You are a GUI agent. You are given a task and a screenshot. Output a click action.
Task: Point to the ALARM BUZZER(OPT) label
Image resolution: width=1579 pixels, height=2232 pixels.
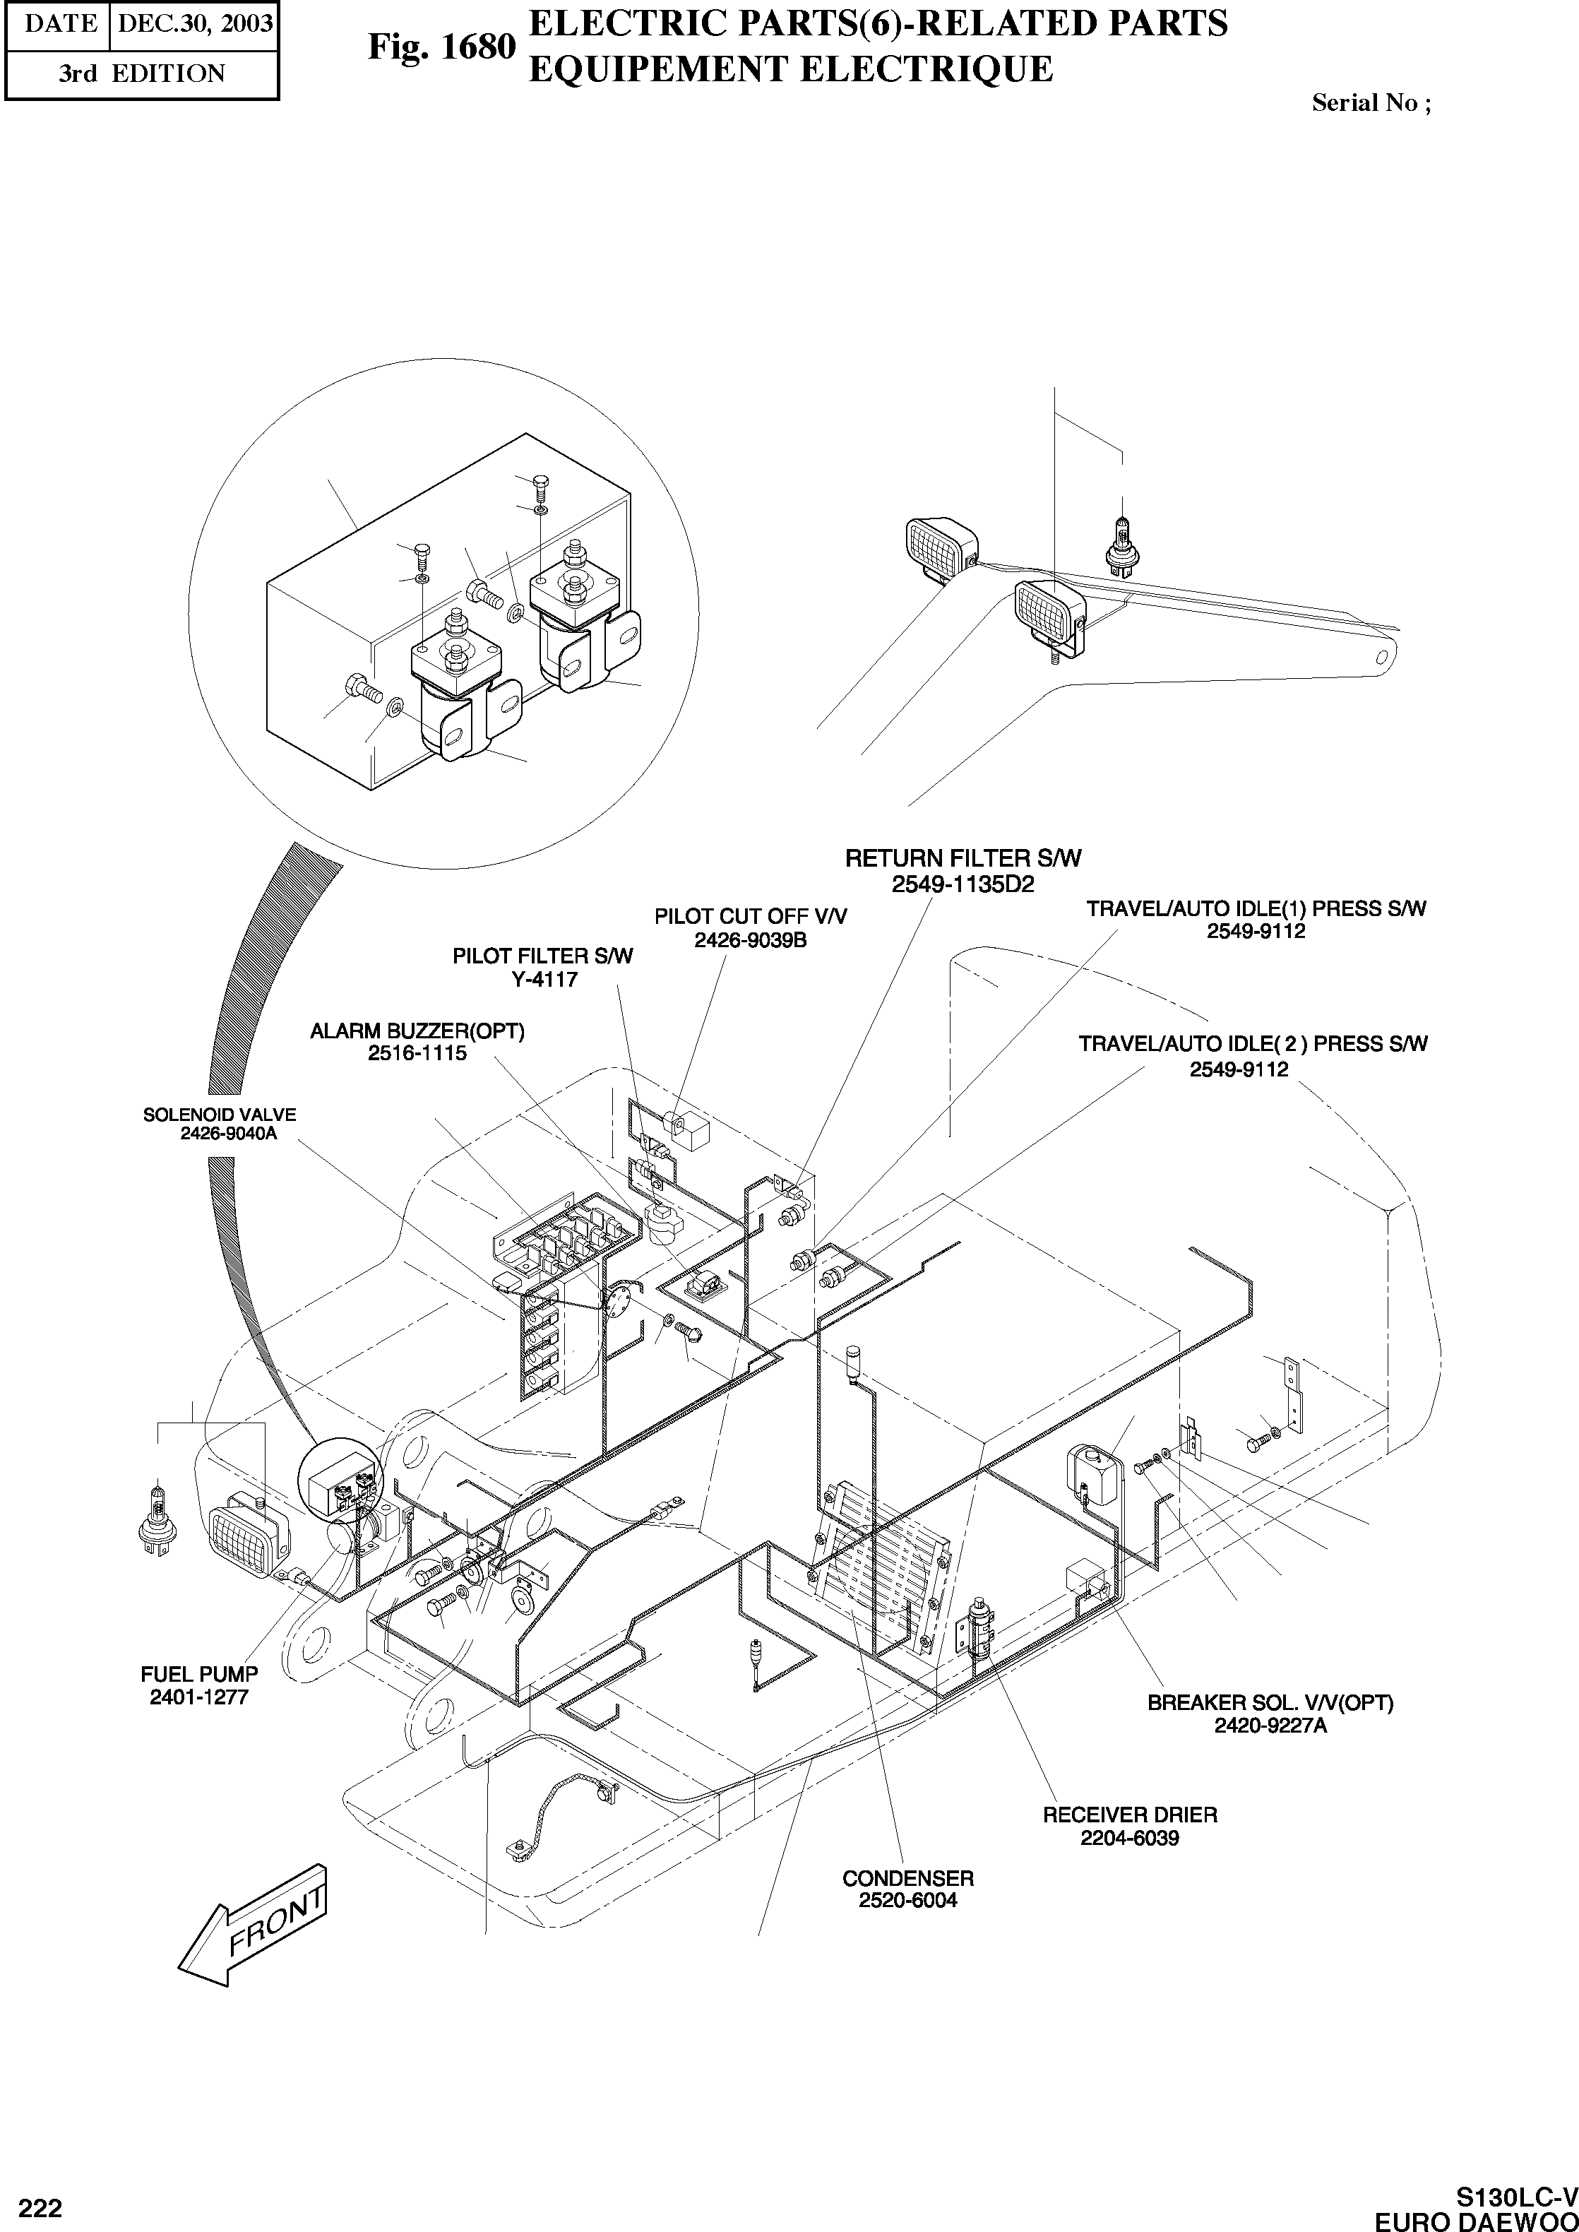(417, 1031)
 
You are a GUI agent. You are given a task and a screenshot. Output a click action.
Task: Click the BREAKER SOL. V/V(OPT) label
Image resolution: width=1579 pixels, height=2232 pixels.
(1270, 1703)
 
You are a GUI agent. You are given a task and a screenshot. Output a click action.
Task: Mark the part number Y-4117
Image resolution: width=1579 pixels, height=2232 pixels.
(544, 980)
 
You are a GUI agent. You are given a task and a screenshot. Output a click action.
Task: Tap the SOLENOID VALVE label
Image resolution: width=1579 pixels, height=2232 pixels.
(220, 1115)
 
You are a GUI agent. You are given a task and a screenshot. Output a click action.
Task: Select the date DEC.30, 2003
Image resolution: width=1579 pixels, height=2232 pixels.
(194, 23)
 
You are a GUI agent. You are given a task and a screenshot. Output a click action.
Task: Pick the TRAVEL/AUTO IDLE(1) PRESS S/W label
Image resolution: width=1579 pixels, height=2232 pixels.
(1256, 908)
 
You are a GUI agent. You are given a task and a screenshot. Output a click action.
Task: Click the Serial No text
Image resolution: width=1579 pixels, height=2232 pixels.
(1371, 103)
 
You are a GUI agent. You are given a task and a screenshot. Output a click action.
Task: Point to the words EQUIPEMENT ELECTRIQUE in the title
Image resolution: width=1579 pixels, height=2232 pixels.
(789, 69)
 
